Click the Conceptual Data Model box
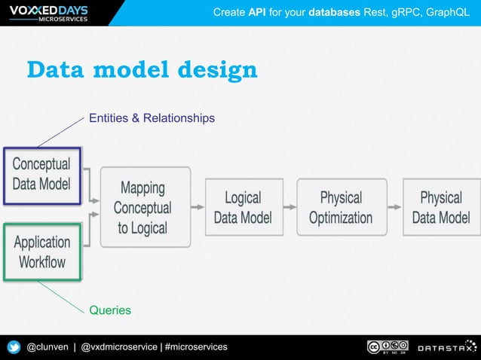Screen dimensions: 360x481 pos(42,174)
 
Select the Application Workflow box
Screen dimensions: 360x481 pos(42,252)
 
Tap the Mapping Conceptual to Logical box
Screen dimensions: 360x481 pos(142,207)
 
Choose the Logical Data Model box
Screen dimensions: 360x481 pos(243,207)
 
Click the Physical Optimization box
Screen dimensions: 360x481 pos(341,207)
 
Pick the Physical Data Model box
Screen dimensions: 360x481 pos(441,207)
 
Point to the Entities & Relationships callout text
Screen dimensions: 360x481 pos(152,118)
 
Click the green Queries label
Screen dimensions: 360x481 pos(110,310)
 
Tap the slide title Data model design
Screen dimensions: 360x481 pos(142,70)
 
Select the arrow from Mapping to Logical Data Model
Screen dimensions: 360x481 pos(198,206)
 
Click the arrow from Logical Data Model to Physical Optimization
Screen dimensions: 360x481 pos(290,206)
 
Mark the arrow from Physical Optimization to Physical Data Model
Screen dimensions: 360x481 pos(394,206)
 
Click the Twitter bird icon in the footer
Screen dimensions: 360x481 pos(14,347)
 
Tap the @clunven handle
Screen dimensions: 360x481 pos(47,346)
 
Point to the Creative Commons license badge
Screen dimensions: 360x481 pos(388,346)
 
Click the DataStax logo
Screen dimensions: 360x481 pos(447,347)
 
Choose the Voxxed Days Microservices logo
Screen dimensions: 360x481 pos(46,13)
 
